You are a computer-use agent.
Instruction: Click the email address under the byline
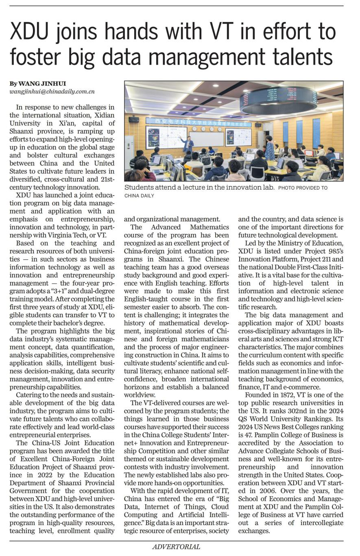pyautogui.click(x=52, y=92)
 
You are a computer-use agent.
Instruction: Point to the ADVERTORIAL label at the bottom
pyautogui.click(x=176, y=547)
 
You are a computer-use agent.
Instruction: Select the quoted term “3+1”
pyautogui.click(x=64, y=291)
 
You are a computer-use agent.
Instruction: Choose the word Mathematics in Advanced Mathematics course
pyautogui.click(x=209, y=227)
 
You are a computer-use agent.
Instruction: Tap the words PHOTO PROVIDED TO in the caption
pyautogui.click(x=303, y=188)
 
